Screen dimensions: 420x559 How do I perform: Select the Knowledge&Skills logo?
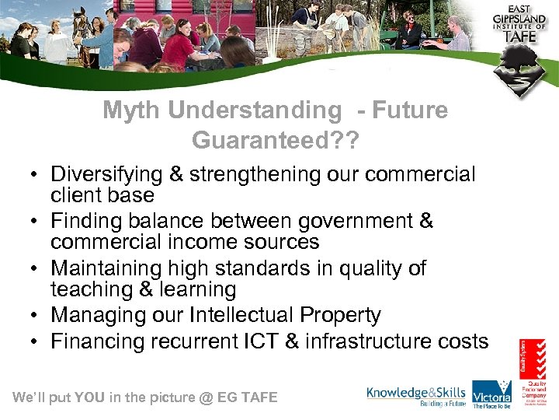[417, 397]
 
